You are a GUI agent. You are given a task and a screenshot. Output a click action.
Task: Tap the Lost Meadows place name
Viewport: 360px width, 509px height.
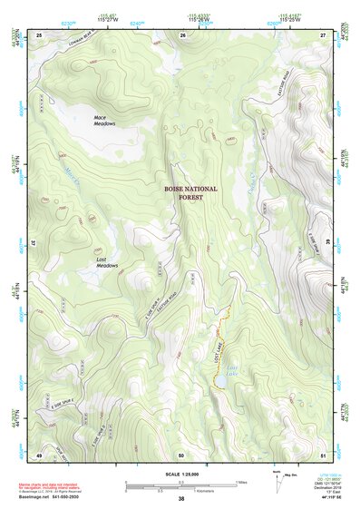click(108, 263)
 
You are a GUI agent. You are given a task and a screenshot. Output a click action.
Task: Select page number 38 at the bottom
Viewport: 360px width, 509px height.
click(181, 499)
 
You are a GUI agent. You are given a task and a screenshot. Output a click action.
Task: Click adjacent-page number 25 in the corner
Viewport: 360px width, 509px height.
click(39, 34)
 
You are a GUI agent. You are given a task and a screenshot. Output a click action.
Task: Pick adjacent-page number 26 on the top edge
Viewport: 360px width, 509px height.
click(182, 34)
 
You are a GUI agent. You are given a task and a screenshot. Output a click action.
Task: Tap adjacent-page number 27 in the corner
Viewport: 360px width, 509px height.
click(323, 34)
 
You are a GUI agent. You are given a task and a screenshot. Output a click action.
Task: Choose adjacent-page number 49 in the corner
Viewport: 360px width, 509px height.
click(39, 454)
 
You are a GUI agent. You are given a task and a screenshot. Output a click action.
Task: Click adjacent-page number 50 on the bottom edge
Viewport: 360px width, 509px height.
click(181, 454)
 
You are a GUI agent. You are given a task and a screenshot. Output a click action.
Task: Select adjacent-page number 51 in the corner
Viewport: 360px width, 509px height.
click(323, 454)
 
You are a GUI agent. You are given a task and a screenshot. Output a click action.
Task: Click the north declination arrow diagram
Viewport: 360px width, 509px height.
click(276, 477)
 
